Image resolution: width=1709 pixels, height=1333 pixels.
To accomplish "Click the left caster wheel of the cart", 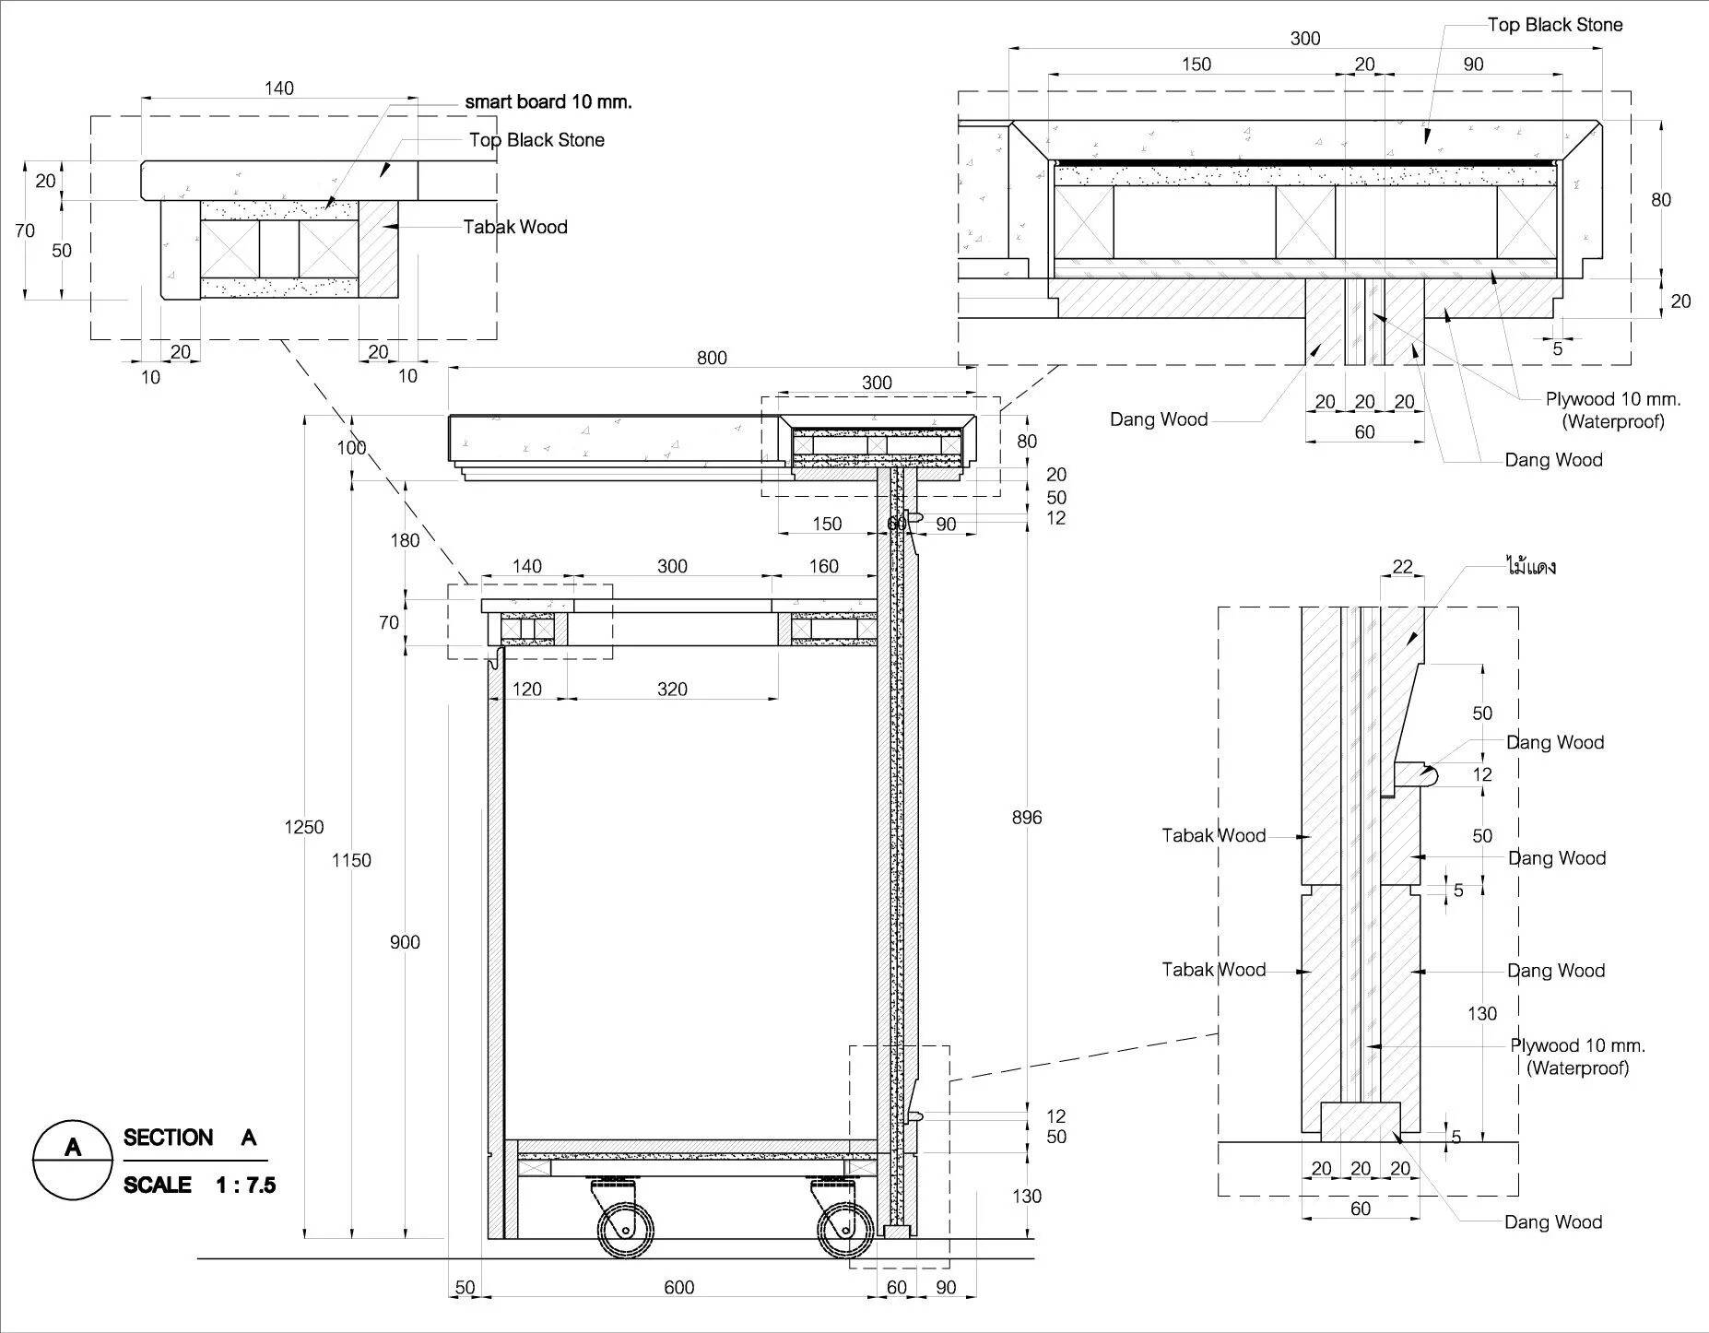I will [625, 1230].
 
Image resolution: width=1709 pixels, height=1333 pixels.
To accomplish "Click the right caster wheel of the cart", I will [844, 1230].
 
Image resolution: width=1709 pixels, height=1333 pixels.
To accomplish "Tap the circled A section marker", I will [73, 1160].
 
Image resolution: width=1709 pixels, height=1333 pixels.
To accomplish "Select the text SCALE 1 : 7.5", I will [199, 1185].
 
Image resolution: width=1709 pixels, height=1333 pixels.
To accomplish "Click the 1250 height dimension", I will [303, 827].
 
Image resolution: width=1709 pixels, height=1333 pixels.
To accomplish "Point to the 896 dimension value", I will [1026, 817].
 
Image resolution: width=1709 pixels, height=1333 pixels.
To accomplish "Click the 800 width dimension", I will [712, 358].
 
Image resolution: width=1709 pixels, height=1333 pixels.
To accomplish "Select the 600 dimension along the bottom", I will [678, 1287].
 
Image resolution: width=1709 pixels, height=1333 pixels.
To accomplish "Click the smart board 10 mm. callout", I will [548, 101].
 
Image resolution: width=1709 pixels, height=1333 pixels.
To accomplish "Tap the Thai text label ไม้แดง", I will [1531, 566].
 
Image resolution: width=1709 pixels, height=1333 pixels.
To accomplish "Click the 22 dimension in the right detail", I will [1402, 567].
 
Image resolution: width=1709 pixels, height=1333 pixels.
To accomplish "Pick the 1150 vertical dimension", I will [351, 860].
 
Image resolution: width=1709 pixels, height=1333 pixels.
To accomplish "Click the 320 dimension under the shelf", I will [672, 689].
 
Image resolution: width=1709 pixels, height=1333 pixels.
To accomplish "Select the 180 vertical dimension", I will [405, 540].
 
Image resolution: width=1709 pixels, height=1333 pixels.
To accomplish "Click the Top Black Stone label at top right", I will [1554, 25].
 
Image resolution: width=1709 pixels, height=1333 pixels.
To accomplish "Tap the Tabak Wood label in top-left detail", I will [514, 227].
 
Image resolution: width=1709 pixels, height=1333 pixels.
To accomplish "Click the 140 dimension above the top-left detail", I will [278, 88].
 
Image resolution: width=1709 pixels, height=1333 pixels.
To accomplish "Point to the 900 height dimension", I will [405, 942].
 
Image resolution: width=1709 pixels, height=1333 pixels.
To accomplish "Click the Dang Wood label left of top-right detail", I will [1158, 419].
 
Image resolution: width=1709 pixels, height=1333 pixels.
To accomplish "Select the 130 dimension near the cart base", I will [1026, 1196].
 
